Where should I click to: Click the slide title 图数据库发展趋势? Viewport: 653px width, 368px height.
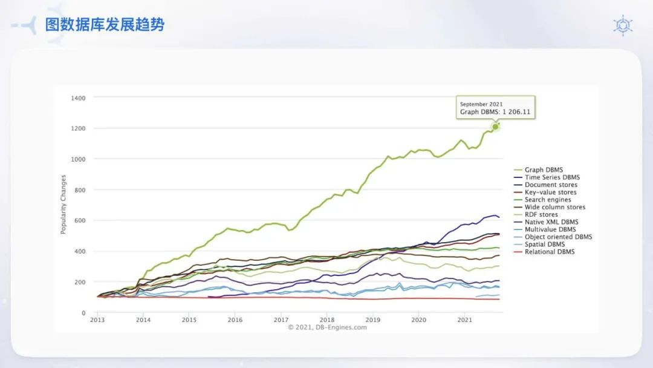pyautogui.click(x=105, y=25)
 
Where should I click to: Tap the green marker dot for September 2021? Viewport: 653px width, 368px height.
pyautogui.click(x=495, y=126)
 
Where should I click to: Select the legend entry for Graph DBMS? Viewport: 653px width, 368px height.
pyautogui.click(x=543, y=170)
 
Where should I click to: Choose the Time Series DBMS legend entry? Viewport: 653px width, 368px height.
pyautogui.click(x=552, y=177)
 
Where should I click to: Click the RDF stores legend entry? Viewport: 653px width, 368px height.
pyautogui.click(x=541, y=214)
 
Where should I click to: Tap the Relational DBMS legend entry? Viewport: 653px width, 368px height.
pyautogui.click(x=550, y=252)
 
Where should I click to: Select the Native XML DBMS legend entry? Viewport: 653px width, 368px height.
pyautogui.click(x=551, y=222)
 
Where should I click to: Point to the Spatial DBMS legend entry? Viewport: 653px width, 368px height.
pyautogui.click(x=544, y=245)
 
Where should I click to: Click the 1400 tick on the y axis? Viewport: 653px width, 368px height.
pyautogui.click(x=78, y=98)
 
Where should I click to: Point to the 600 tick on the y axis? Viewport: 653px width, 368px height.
pyautogui.click(x=80, y=221)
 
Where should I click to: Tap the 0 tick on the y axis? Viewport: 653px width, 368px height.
pyautogui.click(x=83, y=313)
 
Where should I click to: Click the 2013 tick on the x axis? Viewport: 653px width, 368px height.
pyautogui.click(x=97, y=320)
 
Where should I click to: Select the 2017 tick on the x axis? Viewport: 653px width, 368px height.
pyautogui.click(x=281, y=320)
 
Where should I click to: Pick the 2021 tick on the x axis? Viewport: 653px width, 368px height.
pyautogui.click(x=464, y=320)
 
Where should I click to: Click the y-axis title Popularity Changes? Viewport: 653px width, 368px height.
pyautogui.click(x=63, y=205)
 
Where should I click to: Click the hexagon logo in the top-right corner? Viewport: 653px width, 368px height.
pyautogui.click(x=623, y=25)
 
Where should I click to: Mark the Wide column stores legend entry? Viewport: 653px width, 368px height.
pyautogui.click(x=554, y=207)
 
